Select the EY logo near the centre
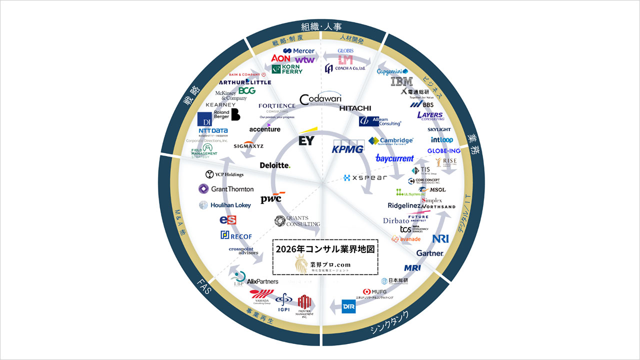click(x=306, y=139)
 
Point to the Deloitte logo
click(x=275, y=165)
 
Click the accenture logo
click(x=265, y=129)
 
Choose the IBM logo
click(x=401, y=81)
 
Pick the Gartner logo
click(x=430, y=253)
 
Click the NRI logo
click(x=440, y=238)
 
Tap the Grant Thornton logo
click(x=226, y=189)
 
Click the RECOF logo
click(x=236, y=235)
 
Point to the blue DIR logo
click(x=348, y=305)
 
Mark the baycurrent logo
click(x=394, y=158)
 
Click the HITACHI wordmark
click(x=355, y=108)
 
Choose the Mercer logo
click(x=299, y=51)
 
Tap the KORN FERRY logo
click(x=287, y=68)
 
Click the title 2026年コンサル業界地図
click(x=325, y=248)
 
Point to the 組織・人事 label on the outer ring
click(x=320, y=26)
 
